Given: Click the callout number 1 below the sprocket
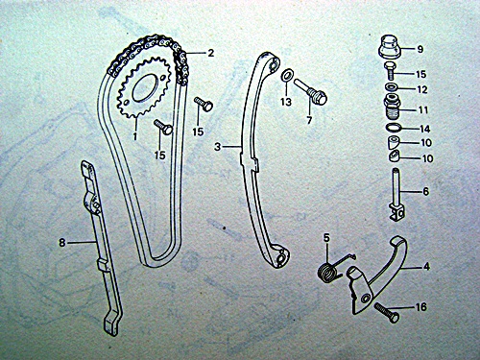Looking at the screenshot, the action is (135, 136).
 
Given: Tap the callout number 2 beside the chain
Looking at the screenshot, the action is (210, 53).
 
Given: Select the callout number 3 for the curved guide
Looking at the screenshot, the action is (218, 147).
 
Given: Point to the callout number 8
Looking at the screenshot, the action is (61, 243).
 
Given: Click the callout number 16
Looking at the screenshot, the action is (420, 307).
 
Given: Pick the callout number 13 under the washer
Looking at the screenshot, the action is (286, 102).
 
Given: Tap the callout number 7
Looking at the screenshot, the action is (309, 121).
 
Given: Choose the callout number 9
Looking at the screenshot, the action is (420, 49).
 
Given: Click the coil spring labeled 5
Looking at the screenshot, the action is (327, 273).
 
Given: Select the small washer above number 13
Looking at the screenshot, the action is (286, 76).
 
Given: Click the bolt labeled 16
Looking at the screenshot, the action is (387, 313).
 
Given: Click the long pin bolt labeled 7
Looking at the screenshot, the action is (310, 91).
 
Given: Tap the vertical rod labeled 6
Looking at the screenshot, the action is (396, 194).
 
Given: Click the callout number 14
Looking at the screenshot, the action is (425, 129).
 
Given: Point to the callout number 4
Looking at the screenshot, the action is (426, 266).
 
